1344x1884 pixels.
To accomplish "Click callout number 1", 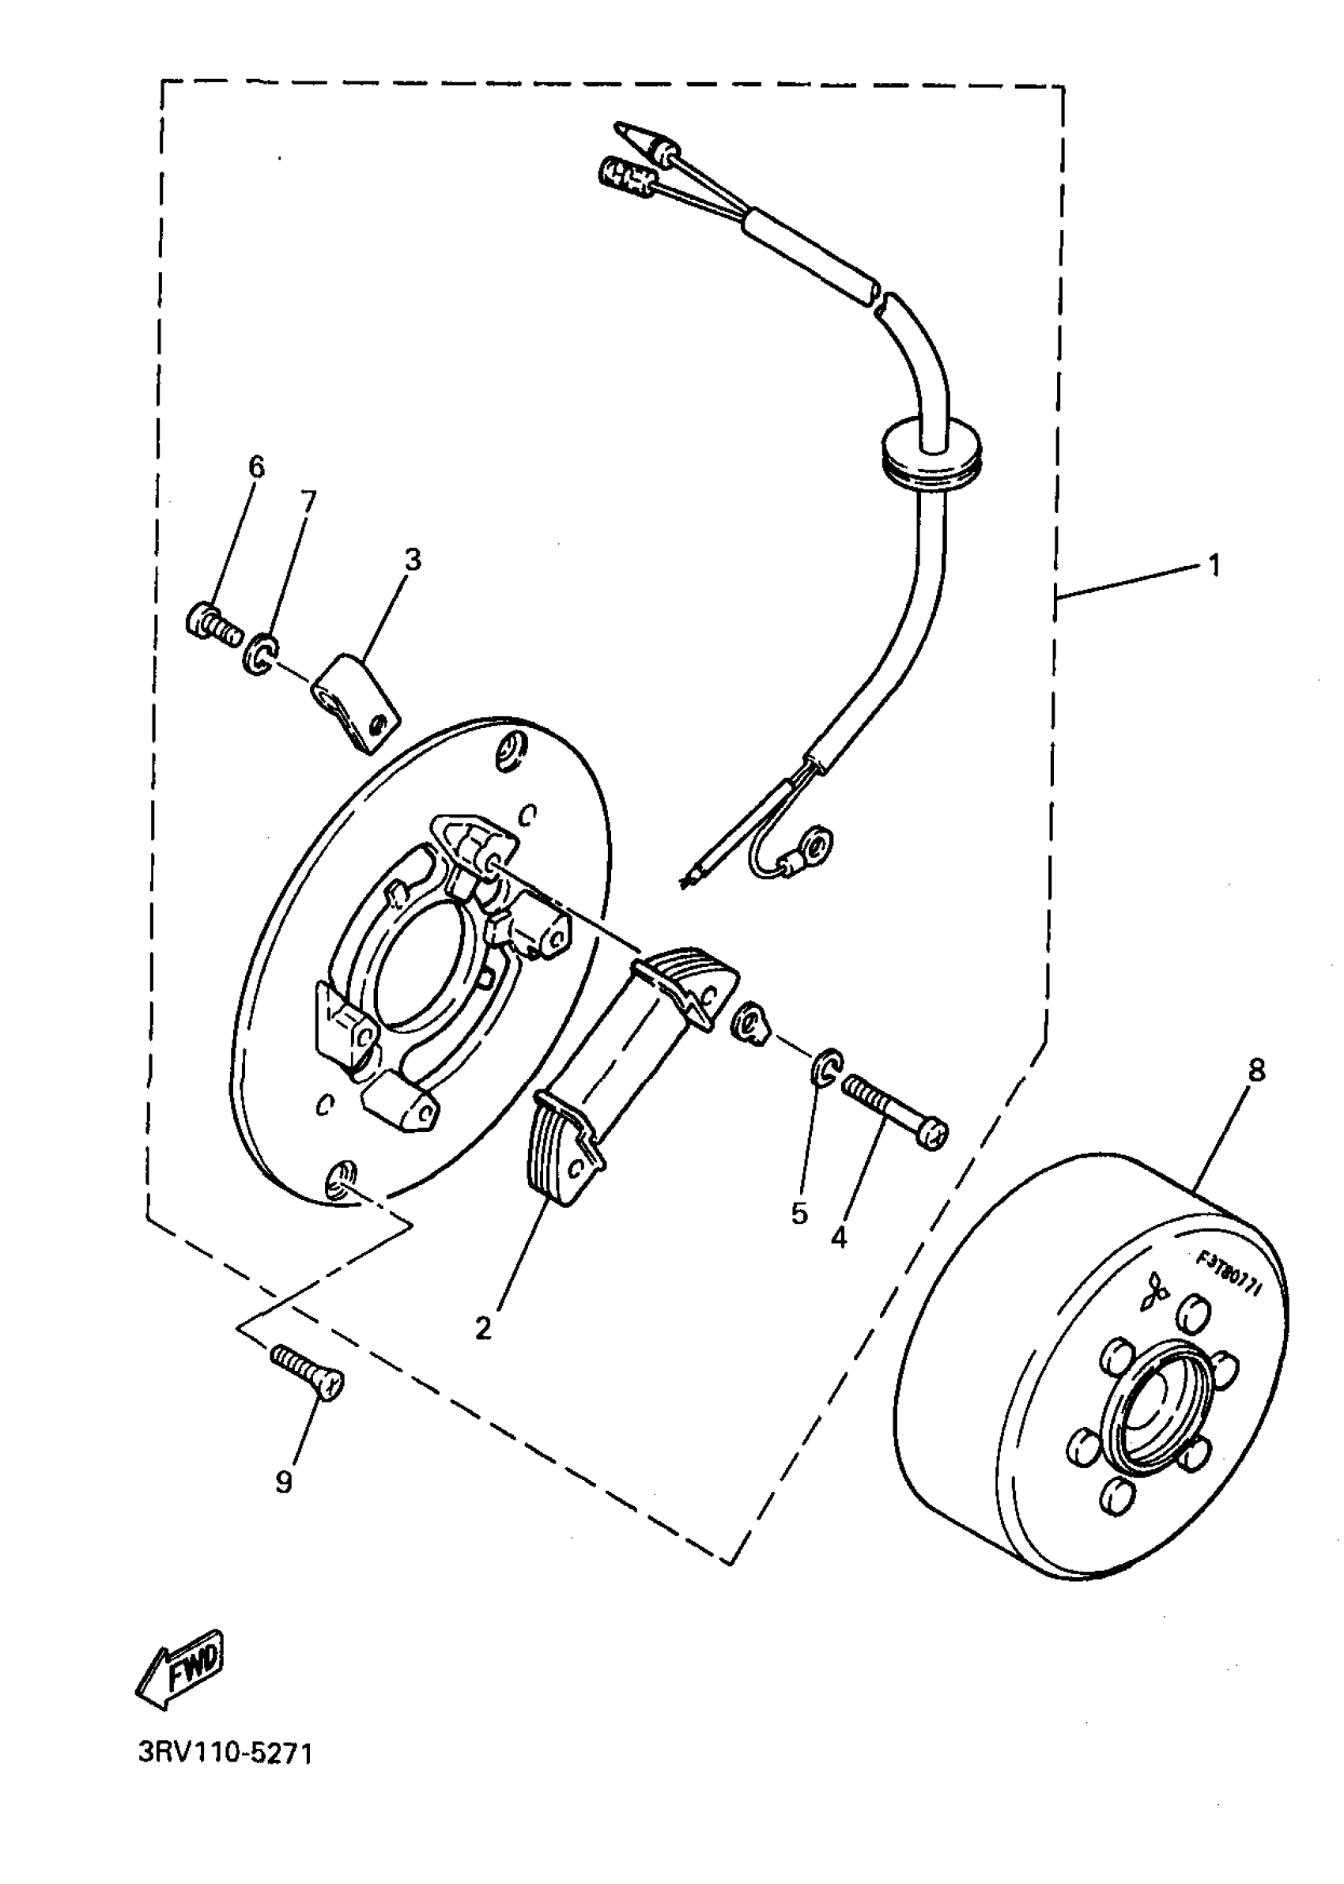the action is click(1214, 567).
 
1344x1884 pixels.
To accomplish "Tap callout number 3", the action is click(412, 561).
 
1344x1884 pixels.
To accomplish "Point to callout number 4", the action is click(838, 1238).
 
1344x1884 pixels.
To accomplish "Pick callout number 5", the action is click(798, 1214).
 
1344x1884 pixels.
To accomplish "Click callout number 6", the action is click(257, 467).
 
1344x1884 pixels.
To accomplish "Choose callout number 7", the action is click(308, 500).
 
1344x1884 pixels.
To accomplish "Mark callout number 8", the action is click(1255, 1071).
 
